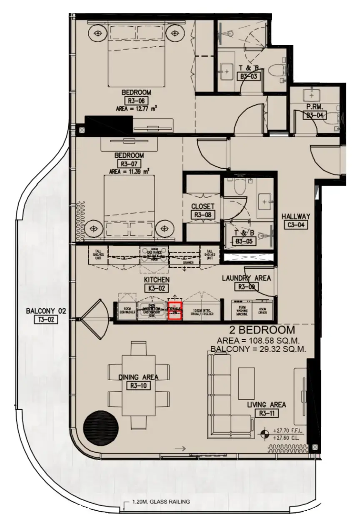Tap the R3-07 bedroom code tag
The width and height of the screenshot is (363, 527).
pyautogui.click(x=129, y=163)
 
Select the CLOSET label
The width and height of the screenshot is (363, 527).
pyautogui.click(x=203, y=207)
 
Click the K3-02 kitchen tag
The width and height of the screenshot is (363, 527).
pyautogui.click(x=156, y=287)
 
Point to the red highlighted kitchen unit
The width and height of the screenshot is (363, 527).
pyautogui.click(x=175, y=311)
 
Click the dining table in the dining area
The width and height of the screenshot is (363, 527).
pyautogui.click(x=139, y=386)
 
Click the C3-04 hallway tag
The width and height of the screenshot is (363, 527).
pyautogui.click(x=295, y=225)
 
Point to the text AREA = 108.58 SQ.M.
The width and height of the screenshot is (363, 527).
pyautogui.click(x=260, y=340)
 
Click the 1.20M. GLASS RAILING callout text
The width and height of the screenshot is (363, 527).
pyautogui.click(x=160, y=502)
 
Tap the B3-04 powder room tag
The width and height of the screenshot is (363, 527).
pyautogui.click(x=315, y=116)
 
